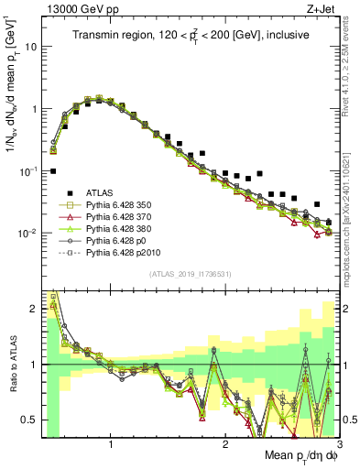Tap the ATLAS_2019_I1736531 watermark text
pos(189,274)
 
